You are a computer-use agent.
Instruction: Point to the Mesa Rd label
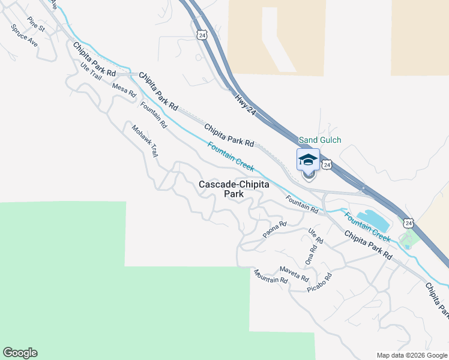[124, 90]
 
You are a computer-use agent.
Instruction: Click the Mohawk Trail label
[145, 142]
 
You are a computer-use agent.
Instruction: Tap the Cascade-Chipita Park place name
[234, 189]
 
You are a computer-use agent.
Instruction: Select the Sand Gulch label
[320, 140]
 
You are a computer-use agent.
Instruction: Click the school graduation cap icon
[308, 160]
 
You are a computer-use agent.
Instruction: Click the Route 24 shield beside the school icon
[326, 164]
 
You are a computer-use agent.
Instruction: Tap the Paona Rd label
[276, 227]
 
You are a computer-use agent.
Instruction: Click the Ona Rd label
[310, 256]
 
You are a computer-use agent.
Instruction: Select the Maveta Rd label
[294, 274]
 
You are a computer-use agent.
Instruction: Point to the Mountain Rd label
[270, 277]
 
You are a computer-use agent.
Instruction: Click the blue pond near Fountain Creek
[373, 220]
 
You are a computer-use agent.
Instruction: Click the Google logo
[19, 353]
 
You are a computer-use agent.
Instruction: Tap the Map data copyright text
[412, 355]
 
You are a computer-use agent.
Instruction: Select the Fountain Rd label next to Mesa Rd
[154, 115]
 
